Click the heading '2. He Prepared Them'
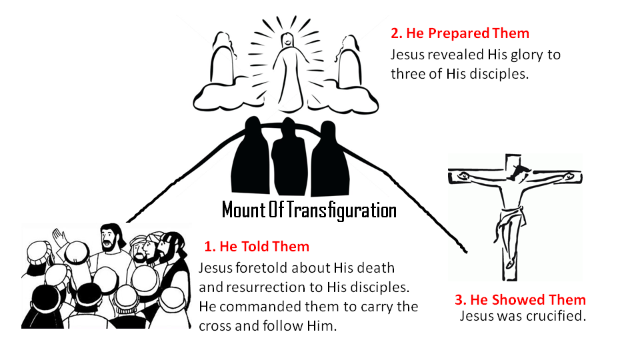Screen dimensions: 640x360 point(459,33)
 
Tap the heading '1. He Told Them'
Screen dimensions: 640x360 point(257,247)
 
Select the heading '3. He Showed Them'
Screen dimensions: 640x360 point(521,299)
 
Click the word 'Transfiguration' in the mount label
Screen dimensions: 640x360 point(341,210)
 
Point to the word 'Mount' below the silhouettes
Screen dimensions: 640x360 point(243,210)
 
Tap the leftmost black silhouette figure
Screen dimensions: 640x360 point(251,155)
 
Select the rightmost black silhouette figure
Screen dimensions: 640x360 point(330,159)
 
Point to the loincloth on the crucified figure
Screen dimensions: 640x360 point(511,221)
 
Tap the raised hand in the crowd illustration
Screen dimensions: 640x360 point(59,237)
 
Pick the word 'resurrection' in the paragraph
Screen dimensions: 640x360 point(267,287)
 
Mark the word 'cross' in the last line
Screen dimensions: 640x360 point(215,326)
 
